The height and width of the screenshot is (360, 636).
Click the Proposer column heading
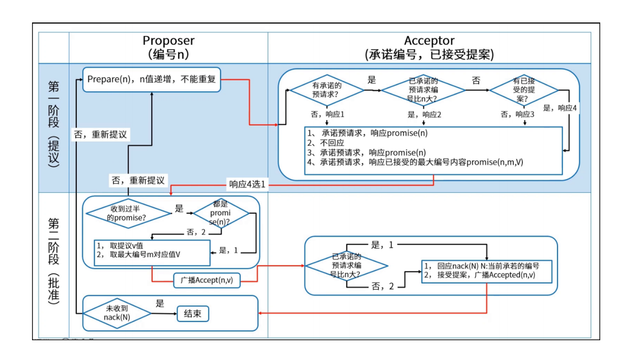168,47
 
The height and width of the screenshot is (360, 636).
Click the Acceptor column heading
429,47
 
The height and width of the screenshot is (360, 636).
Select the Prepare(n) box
152,80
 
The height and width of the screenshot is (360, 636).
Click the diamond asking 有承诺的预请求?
327,90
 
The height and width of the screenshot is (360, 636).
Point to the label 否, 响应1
327,114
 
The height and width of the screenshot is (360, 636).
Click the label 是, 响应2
425,114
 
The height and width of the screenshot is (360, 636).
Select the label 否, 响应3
517,114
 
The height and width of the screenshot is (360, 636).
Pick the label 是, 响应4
560,108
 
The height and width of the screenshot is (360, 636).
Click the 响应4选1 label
247,185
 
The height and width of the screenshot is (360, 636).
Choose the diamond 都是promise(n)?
221,213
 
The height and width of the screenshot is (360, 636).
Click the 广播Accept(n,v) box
207,280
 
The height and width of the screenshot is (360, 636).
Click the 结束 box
193,314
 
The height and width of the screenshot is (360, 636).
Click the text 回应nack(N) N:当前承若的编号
488,266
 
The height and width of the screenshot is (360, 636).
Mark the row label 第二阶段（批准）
53,262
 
